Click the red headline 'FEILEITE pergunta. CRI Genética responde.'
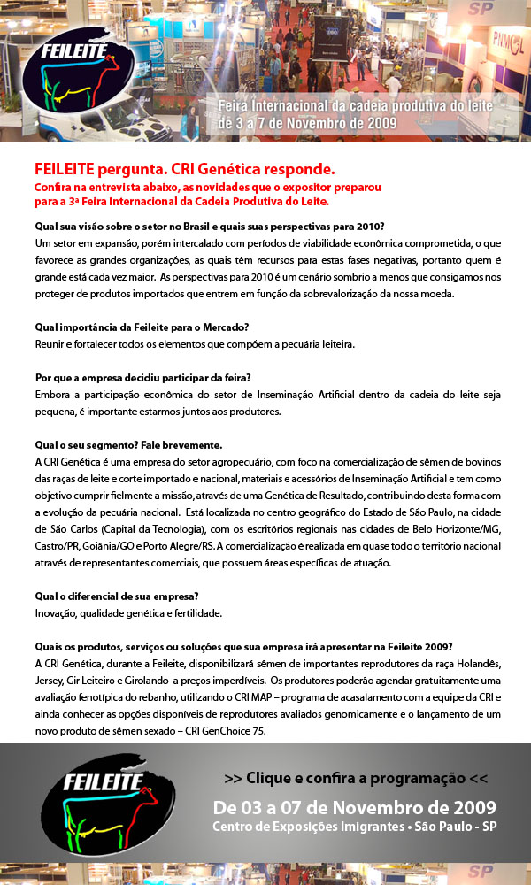point(184,168)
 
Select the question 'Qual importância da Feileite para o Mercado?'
point(129,327)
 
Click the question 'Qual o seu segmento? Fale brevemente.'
point(127,444)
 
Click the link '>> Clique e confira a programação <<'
point(356,778)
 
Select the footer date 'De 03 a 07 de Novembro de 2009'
point(354,807)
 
